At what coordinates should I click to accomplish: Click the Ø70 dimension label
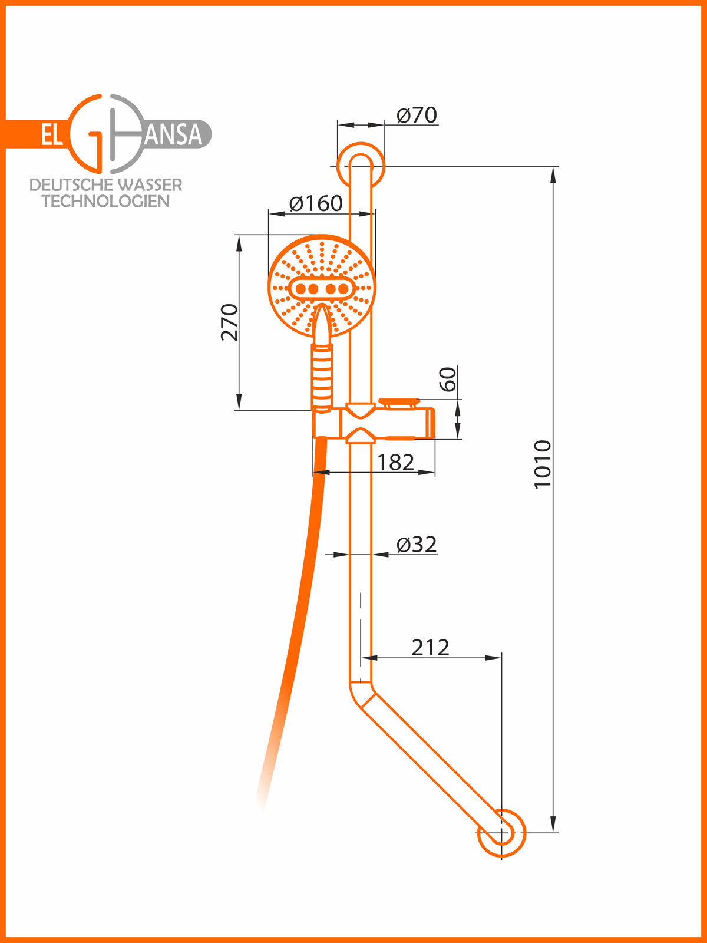pos(417,115)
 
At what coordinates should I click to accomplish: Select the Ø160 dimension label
pos(316,203)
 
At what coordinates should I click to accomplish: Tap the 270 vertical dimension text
pos(229,322)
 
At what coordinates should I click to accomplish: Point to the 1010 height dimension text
pos(542,464)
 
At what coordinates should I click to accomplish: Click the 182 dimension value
pos(395,462)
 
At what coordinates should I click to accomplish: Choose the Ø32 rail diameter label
pos(417,545)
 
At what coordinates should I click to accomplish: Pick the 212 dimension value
pos(430,647)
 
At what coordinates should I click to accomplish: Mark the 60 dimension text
pos(448,379)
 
